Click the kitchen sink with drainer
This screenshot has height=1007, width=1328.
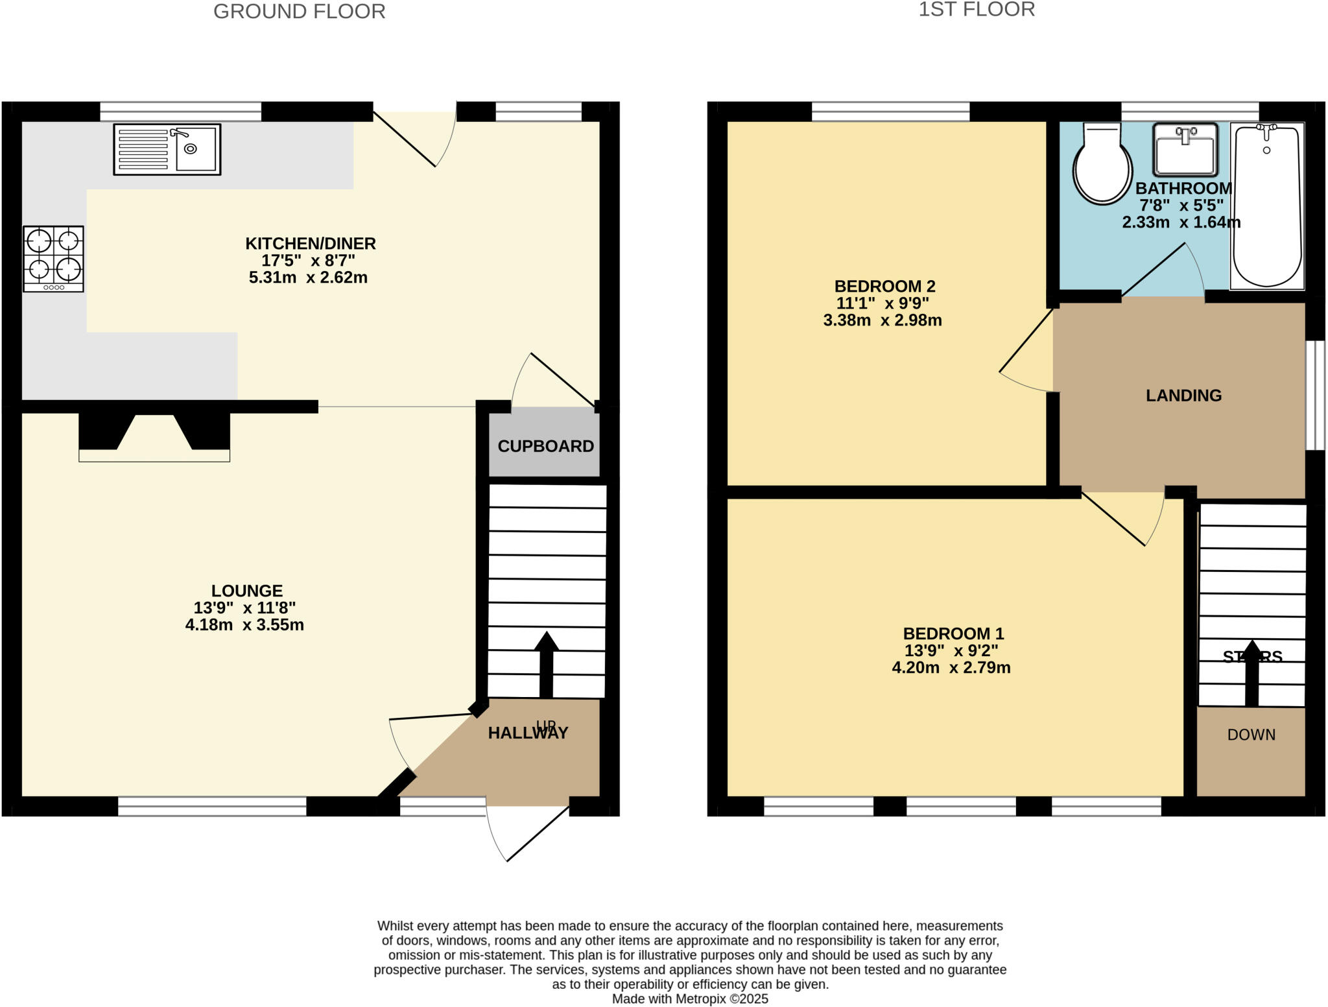pos(167,149)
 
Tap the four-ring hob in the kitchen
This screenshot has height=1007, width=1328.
pos(53,258)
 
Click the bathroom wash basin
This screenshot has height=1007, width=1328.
pos(1185,150)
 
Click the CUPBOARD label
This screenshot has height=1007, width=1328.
pos(545,446)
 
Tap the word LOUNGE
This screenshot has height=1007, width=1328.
pos(247,591)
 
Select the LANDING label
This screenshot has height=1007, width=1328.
pos(1183,395)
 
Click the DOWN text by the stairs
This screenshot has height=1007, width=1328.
pos(1251,735)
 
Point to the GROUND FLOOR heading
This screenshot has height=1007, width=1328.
pos(299,12)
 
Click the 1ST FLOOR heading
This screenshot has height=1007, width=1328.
pos(977,10)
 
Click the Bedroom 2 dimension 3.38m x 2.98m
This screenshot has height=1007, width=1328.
pos(882,320)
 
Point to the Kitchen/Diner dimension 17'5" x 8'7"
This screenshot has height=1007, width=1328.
pos(308,261)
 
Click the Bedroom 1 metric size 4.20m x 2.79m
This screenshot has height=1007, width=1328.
pos(951,668)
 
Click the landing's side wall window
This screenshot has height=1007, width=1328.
pos(1315,395)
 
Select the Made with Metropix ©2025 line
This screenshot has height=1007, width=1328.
pos(690,999)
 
